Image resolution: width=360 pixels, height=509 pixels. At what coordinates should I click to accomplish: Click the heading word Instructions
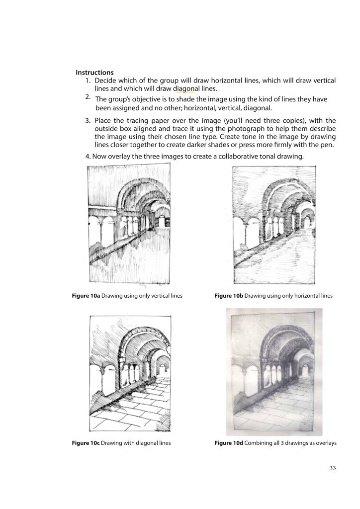click(94, 73)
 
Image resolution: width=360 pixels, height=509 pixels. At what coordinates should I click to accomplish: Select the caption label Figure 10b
click(229, 296)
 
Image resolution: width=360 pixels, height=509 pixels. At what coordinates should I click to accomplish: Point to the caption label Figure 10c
click(86, 442)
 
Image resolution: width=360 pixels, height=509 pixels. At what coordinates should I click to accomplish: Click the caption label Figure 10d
click(229, 442)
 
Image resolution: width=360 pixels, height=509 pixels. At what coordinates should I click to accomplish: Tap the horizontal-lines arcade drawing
click(274, 224)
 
